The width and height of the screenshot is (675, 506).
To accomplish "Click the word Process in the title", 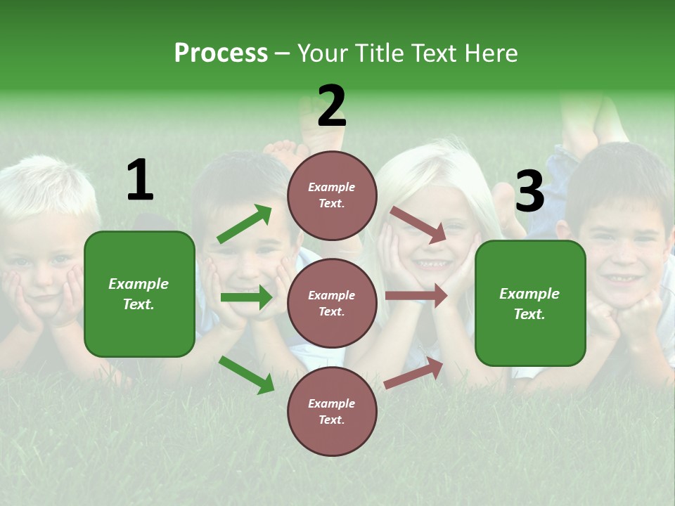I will coord(221,53).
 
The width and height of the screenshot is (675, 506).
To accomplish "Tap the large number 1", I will coord(140,181).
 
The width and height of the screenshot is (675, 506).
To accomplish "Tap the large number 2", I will coord(331,106).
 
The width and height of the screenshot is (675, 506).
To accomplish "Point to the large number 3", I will coord(529,191).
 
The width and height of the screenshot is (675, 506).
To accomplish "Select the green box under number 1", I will coord(139,294).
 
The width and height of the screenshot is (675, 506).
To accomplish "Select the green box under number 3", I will coord(530,303).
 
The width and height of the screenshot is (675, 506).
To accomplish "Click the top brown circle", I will coord(332,195).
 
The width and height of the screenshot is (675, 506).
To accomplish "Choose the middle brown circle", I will coord(332,303).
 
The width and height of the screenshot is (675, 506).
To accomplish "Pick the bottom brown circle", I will coord(332,411).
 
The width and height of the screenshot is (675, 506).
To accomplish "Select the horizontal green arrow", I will coord(246,297).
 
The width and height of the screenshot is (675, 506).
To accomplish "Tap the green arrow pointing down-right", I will coord(246,375).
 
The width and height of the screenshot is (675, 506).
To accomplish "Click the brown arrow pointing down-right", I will coord(418,225).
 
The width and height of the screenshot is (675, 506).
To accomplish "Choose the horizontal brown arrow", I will coord(416,296).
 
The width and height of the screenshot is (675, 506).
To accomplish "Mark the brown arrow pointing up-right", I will coord(413,373).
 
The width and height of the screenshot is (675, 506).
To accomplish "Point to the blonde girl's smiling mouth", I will coord(431,264).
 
